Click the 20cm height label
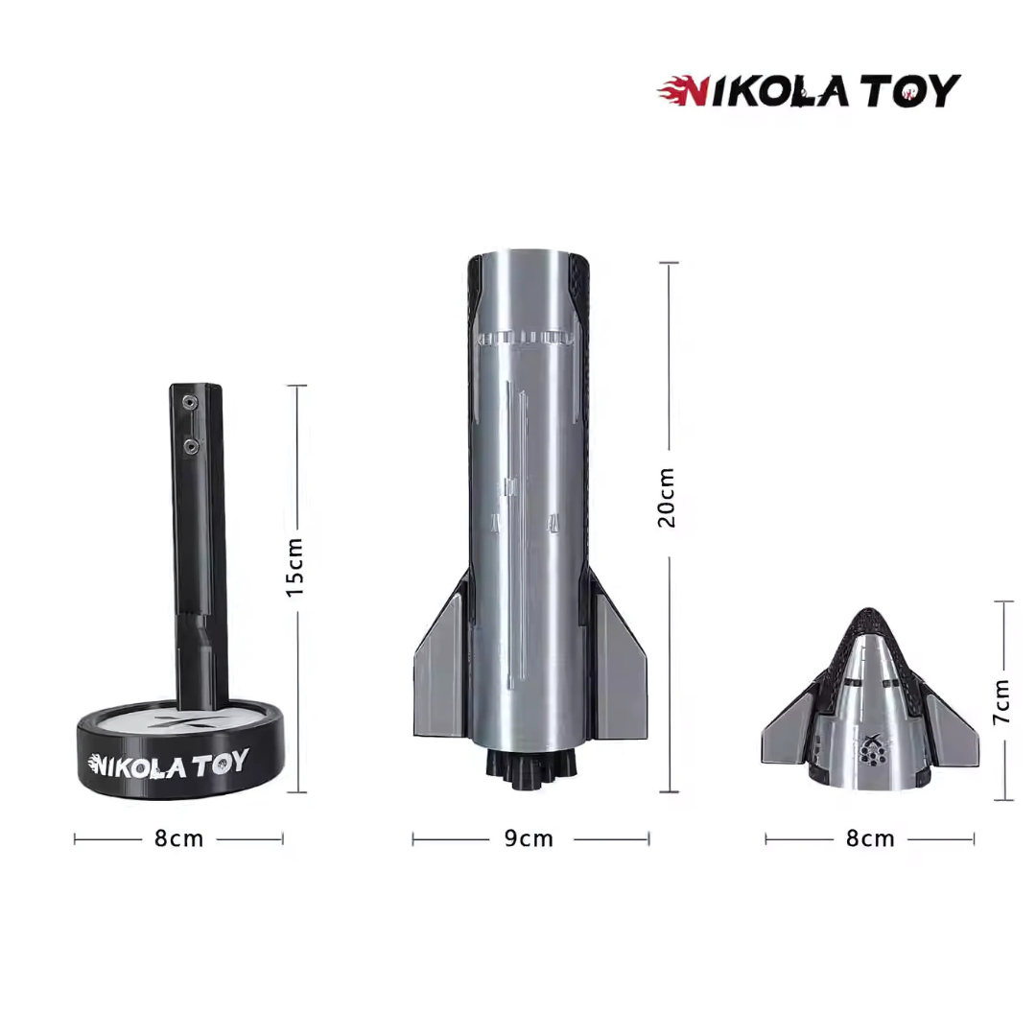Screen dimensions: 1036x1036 click(667, 498)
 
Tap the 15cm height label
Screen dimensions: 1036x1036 click(294, 568)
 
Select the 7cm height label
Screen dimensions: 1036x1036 click(1001, 701)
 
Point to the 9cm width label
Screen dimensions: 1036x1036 click(529, 838)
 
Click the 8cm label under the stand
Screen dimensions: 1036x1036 click(179, 838)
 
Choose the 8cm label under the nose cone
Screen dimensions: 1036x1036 click(870, 838)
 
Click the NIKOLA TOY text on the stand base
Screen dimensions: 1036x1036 click(169, 764)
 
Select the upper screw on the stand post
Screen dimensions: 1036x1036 click(190, 402)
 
